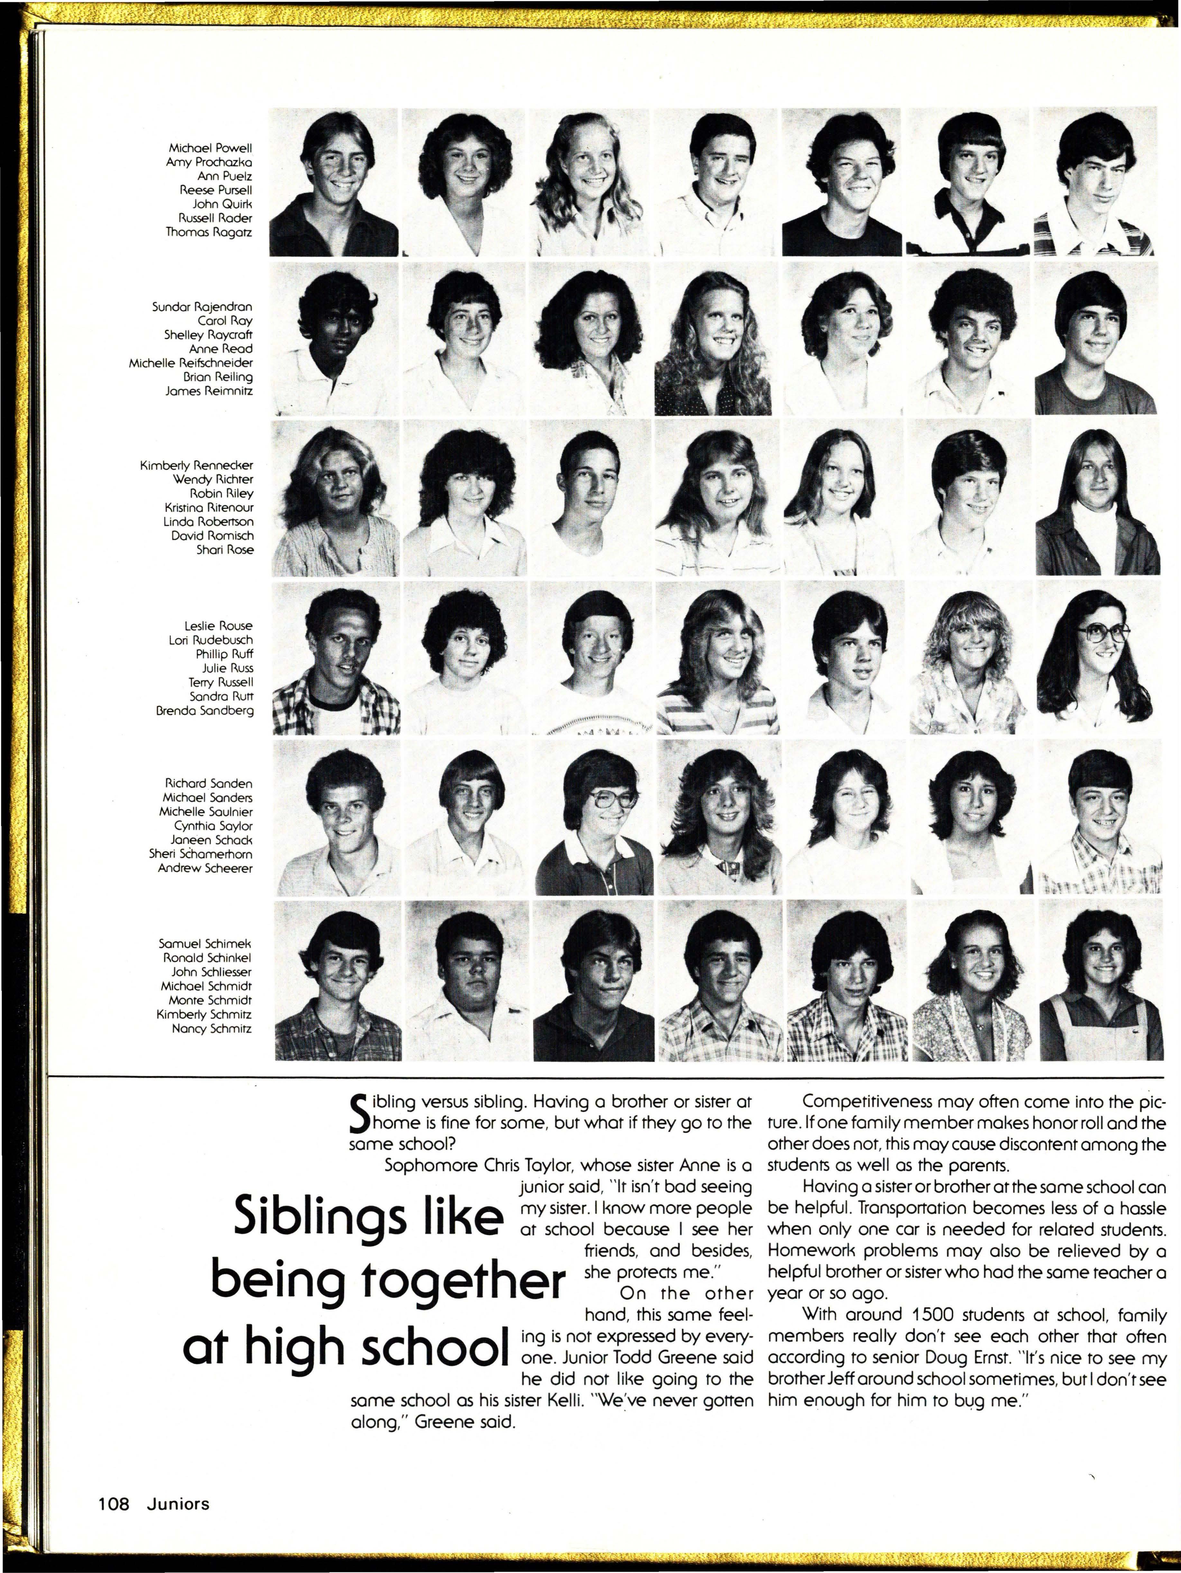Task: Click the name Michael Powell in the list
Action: (210, 148)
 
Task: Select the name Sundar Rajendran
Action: (202, 307)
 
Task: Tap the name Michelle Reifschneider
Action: (190, 363)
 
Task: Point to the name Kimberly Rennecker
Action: (196, 465)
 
